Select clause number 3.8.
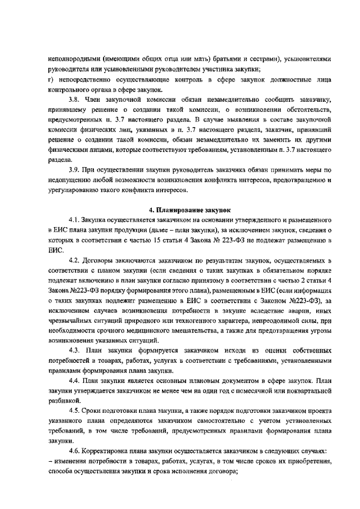click(x=75, y=100)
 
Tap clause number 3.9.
click(x=75, y=169)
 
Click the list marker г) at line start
click(x=51, y=79)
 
